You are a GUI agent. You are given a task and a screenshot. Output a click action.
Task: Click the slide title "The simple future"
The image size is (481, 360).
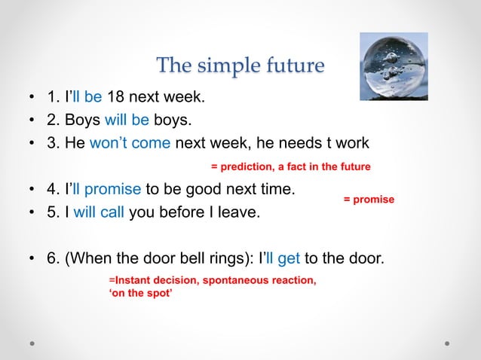(240, 66)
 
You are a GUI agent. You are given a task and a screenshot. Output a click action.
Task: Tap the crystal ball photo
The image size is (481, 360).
(393, 67)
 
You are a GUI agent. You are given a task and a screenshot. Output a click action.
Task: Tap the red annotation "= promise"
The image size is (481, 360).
(369, 200)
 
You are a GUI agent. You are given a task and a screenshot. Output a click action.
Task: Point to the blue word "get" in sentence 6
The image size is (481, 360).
(289, 260)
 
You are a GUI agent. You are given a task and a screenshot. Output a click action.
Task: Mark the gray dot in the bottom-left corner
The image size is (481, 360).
(33, 343)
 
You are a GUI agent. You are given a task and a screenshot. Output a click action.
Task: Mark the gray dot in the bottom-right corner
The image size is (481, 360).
(447, 343)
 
